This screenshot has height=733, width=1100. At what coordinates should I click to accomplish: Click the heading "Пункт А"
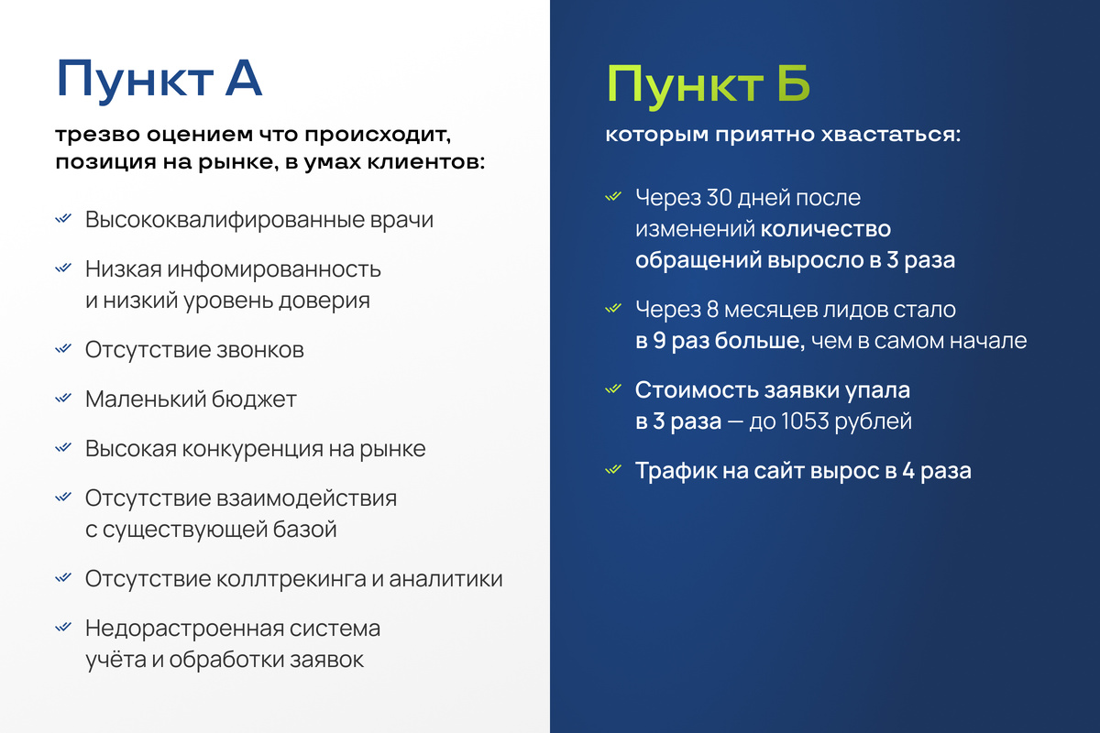(x=159, y=80)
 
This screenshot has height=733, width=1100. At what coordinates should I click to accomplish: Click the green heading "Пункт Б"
(x=709, y=85)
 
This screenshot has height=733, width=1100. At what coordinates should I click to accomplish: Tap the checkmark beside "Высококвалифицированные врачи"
(x=63, y=220)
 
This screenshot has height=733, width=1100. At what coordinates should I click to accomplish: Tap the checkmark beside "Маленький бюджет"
(x=63, y=399)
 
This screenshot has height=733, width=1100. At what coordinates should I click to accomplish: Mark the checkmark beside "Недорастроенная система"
(x=63, y=628)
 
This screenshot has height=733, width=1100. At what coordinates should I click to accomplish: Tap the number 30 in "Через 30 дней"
(x=720, y=198)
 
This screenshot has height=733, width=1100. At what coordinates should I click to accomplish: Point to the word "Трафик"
(x=671, y=471)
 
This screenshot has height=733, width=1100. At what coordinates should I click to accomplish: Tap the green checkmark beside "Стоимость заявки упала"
(x=613, y=389)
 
